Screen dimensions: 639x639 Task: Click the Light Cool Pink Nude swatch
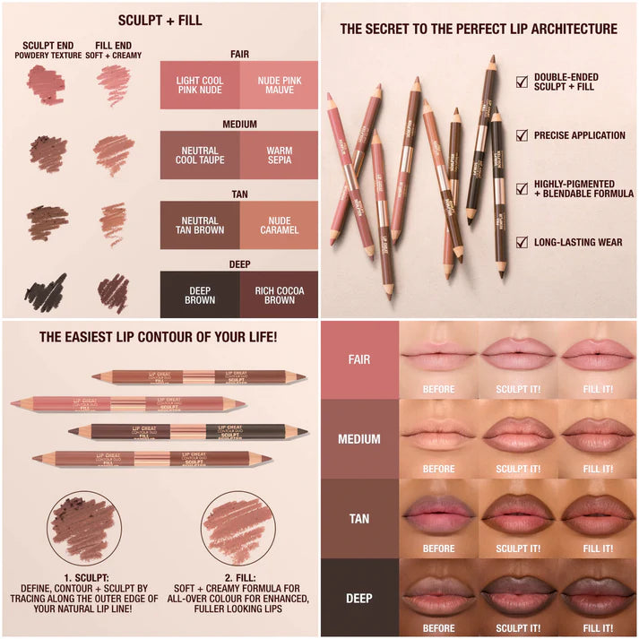coord(200,85)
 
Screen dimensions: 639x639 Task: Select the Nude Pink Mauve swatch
coord(279,85)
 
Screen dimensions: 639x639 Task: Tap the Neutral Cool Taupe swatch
coord(200,155)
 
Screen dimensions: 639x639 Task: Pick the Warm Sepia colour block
coord(279,155)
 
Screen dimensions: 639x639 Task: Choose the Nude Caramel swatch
coord(279,225)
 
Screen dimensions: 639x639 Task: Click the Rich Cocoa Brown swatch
coord(279,295)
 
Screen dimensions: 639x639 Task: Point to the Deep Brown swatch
coord(200,295)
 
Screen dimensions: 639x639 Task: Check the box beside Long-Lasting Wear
coord(522,242)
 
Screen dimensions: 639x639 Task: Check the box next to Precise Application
coord(522,135)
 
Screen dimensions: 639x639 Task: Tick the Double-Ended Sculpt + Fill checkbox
coord(522,82)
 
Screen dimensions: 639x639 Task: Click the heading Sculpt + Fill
coord(160,21)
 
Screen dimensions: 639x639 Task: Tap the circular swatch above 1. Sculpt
coord(85,527)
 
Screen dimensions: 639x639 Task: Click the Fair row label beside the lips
coord(358,359)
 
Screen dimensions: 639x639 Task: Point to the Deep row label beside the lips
coord(358,598)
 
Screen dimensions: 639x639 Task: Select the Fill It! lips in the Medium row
coord(597,435)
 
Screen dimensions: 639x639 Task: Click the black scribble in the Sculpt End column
coord(46,292)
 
